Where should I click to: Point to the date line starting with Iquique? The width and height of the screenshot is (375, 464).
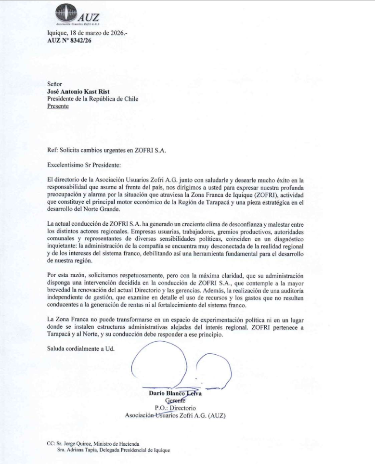pos(87,33)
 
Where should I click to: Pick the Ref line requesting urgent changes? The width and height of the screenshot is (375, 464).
pos(106,150)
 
